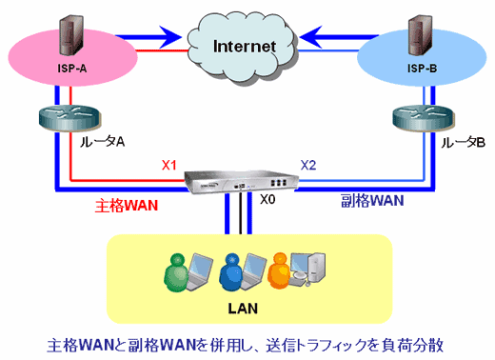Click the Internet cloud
(245, 45)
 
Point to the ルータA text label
(106, 141)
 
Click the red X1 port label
(169, 164)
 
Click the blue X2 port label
(308, 164)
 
